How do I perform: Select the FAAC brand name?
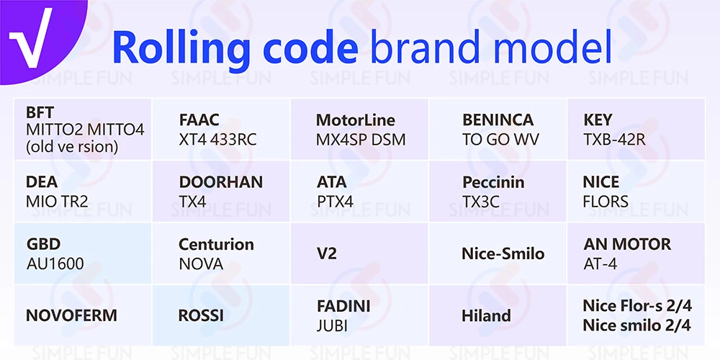(x=199, y=120)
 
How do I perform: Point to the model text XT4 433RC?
(x=217, y=140)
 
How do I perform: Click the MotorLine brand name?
(x=356, y=120)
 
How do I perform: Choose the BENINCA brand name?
(x=498, y=120)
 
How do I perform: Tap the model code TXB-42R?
(x=614, y=140)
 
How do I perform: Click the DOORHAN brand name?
(x=221, y=182)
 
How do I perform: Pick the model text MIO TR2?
(x=57, y=202)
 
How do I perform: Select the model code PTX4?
(x=335, y=202)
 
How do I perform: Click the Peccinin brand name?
(x=493, y=182)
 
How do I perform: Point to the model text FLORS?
(x=606, y=202)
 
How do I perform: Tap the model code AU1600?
(x=55, y=264)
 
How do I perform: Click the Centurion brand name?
(x=216, y=244)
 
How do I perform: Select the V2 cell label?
(x=326, y=253)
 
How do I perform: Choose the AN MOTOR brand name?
(x=627, y=244)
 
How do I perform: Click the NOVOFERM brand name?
(x=71, y=315)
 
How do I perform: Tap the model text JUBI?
(x=332, y=325)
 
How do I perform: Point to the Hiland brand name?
(x=486, y=315)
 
